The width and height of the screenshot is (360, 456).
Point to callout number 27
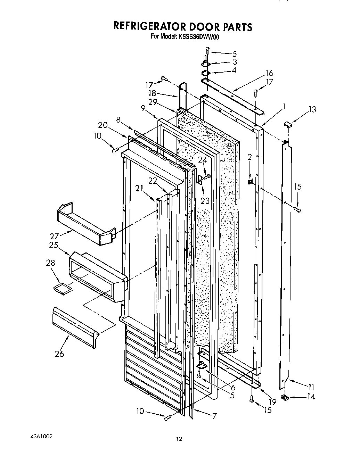[x=54, y=236]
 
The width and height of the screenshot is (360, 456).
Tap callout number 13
[x=312, y=110]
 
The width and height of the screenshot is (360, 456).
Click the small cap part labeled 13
[x=288, y=124]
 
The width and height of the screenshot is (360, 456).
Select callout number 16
[x=269, y=73]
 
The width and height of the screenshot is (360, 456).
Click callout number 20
[x=103, y=125]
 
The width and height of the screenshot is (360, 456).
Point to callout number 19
[x=273, y=402]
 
